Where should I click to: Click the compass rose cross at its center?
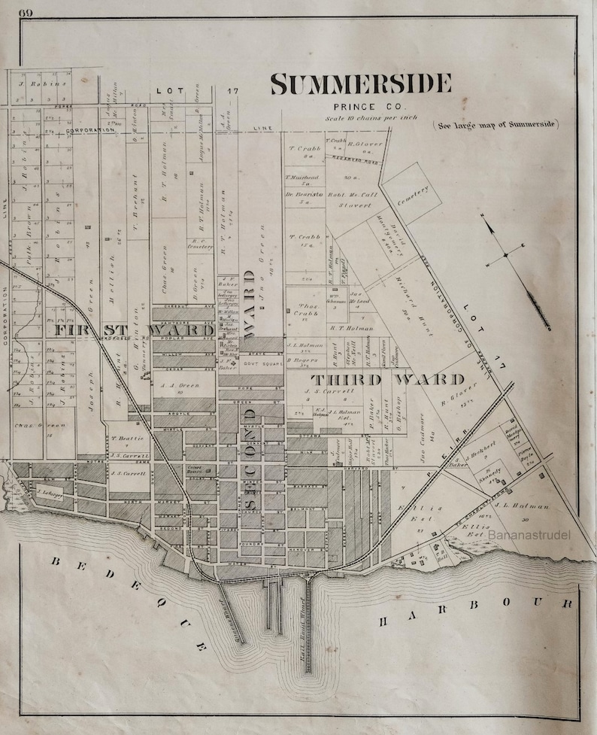point(505,255)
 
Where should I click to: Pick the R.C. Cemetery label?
point(200,245)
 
